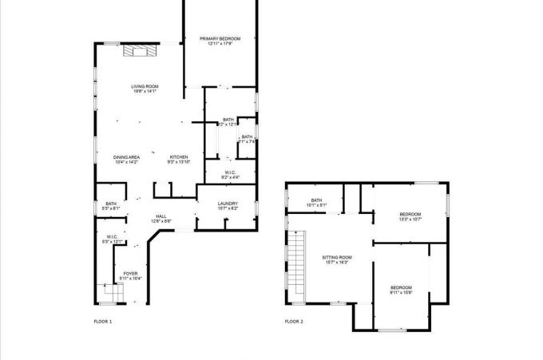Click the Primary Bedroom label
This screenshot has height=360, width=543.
click(220, 38)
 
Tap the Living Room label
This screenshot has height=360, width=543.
click(145, 86)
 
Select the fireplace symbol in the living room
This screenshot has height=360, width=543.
click(141, 50)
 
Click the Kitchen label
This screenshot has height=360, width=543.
click(178, 157)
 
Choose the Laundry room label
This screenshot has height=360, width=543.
click(228, 204)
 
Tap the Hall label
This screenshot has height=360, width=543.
click(161, 216)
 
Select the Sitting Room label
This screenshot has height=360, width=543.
click(337, 257)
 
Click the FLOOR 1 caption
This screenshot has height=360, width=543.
click(103, 322)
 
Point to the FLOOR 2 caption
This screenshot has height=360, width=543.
click(294, 322)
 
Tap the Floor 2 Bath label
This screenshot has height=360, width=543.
click(316, 200)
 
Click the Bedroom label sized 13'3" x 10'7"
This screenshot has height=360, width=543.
click(410, 214)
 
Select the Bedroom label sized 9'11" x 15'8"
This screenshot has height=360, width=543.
click(401, 287)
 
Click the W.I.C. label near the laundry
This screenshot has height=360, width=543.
click(228, 172)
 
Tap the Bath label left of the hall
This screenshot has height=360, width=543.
click(111, 204)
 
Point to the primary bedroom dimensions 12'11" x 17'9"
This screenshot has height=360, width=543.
click(220, 44)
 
